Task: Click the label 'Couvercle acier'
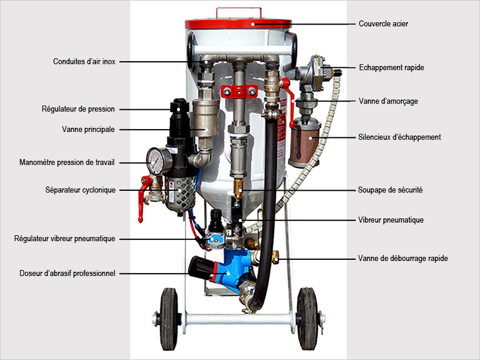coord(383,23)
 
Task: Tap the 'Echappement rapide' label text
coord(392,68)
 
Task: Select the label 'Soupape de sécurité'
coord(391,190)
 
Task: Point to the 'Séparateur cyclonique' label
coord(80,190)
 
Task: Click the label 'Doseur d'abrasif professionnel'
coord(67,274)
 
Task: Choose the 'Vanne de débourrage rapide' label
coord(403,259)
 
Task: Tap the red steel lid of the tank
coord(238,24)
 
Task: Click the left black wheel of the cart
coord(169,319)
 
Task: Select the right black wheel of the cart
coord(307,319)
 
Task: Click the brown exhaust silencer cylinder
coord(304,143)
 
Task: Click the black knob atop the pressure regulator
coord(179,105)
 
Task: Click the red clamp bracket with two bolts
coord(239,92)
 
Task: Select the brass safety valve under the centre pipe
coord(238,188)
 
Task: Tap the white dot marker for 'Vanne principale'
coord(206,130)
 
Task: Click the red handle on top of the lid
coord(239,13)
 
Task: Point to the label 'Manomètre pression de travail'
coord(67,162)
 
